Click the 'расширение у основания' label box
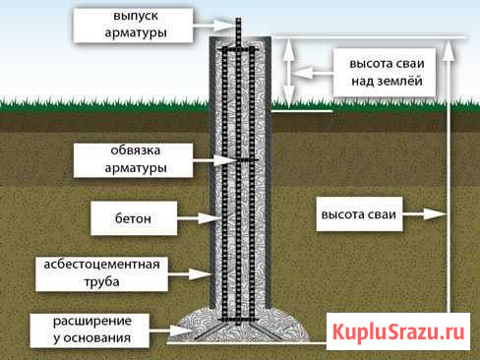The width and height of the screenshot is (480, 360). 92,330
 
